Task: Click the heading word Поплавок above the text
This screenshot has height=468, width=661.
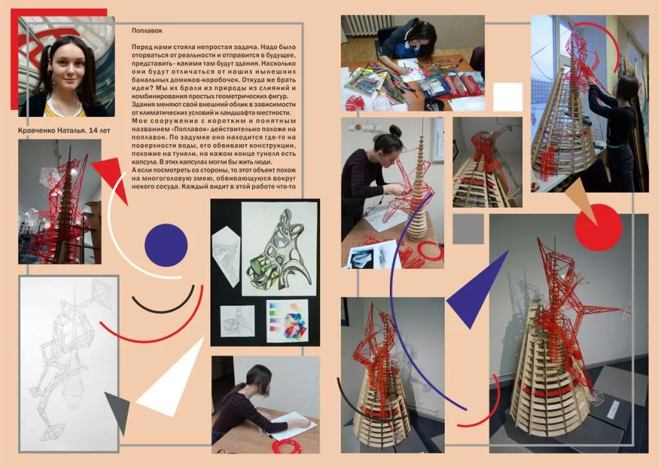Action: coord(147,31)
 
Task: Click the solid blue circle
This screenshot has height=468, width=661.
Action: coord(166,245)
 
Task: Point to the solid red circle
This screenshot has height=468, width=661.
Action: coord(598,228)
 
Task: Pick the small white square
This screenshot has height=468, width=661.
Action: coord(507,97)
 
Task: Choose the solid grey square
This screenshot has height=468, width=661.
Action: coord(468,229)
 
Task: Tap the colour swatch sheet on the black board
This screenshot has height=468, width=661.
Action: coord(287,321)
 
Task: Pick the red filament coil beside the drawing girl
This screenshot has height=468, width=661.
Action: coord(287,446)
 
